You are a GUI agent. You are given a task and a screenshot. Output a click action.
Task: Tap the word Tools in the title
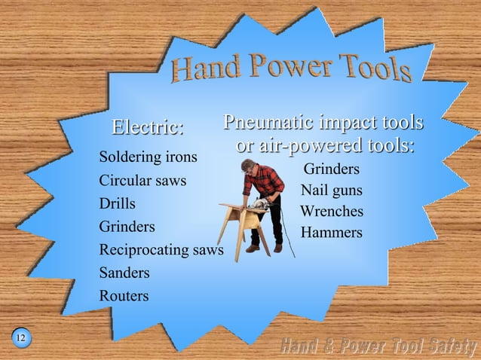coord(374,69)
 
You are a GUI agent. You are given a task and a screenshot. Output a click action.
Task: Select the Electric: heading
coord(148,127)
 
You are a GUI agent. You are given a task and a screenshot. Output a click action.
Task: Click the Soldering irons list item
coord(148,157)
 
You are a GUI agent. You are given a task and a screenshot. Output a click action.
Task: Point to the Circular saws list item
coord(142,181)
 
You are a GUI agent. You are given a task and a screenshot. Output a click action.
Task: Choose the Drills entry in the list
coord(117,203)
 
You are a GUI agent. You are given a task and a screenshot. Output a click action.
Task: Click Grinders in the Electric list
coord(127,226)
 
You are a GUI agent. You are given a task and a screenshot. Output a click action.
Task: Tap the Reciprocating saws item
coord(161,249)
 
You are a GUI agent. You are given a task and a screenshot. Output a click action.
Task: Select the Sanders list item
coord(124,273)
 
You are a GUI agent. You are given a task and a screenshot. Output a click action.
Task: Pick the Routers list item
coord(124,296)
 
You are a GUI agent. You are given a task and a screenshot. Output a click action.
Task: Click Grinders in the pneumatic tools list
coord(331,168)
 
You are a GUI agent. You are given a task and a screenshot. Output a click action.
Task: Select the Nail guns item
coord(331,190)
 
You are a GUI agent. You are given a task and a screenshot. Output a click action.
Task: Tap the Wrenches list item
coord(331,211)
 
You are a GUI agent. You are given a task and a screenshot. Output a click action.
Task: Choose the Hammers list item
coord(331,233)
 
